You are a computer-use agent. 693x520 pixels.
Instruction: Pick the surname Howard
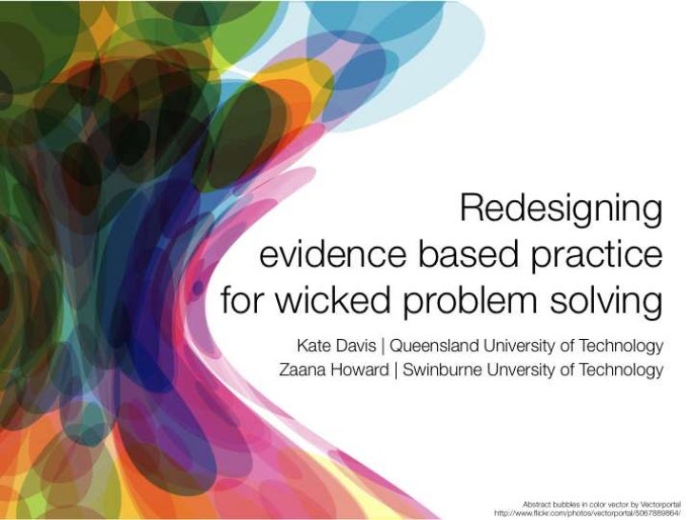[358, 369]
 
